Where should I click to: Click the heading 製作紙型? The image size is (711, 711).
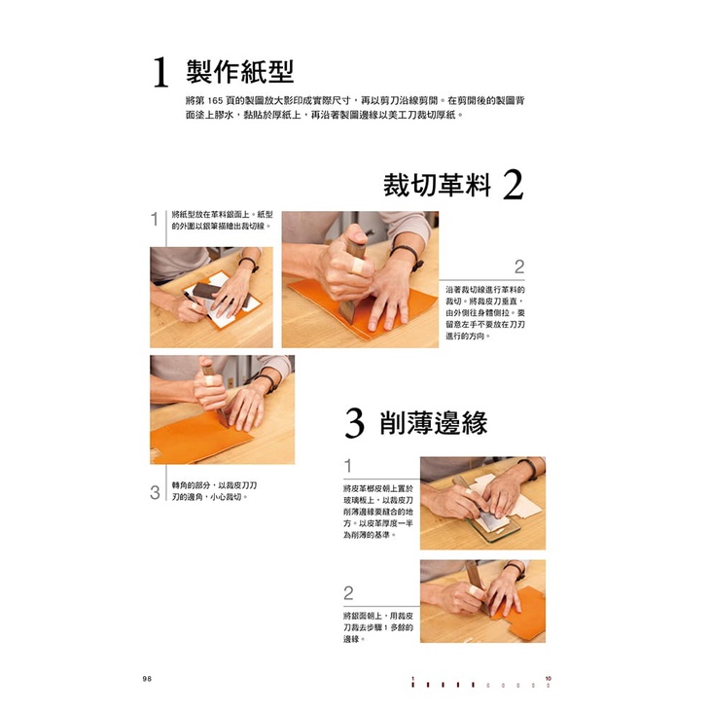[240, 72]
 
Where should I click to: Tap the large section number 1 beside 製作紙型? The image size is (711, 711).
[160, 72]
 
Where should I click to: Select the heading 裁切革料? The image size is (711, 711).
[437, 185]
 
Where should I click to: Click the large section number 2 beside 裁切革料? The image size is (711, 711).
[513, 185]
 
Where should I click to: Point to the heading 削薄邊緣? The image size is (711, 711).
[434, 422]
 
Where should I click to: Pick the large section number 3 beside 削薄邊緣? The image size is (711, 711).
[354, 423]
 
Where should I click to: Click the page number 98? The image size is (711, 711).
[147, 679]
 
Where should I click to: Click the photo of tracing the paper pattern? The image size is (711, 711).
[211, 298]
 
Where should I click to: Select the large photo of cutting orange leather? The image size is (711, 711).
[360, 279]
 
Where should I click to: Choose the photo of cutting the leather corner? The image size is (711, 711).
[222, 409]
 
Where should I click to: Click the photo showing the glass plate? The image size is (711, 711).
[483, 503]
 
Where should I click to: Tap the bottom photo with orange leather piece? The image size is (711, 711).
[483, 601]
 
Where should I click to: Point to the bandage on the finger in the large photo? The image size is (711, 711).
[359, 267]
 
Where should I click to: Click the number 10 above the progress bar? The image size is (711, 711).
[549, 679]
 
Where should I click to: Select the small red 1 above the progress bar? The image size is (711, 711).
[412, 679]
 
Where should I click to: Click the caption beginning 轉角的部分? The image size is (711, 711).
[214, 491]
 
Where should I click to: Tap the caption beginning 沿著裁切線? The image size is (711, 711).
[484, 313]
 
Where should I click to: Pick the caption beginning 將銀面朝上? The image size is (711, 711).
[378, 627]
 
